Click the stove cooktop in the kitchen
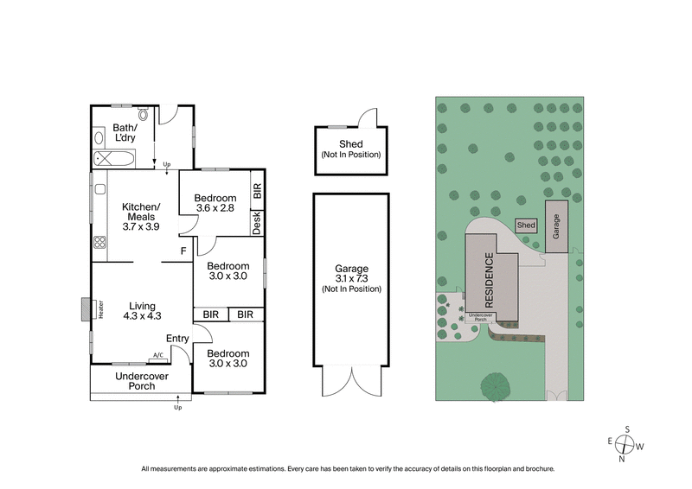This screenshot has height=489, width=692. [x=99, y=244]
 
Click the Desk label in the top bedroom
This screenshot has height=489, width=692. [x=257, y=223]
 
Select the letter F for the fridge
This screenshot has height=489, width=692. [x=183, y=251]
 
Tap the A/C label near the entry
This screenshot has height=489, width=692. [x=158, y=355]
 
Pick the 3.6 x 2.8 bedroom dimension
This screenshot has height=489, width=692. [x=215, y=208]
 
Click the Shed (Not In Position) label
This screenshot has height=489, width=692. [x=350, y=149]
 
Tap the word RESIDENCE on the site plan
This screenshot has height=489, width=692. [x=489, y=280]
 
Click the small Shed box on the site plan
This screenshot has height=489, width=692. [x=526, y=225]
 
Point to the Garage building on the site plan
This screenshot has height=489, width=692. [x=557, y=225]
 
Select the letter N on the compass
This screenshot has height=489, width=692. [x=621, y=460]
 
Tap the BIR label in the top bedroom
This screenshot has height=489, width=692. [x=257, y=191]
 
